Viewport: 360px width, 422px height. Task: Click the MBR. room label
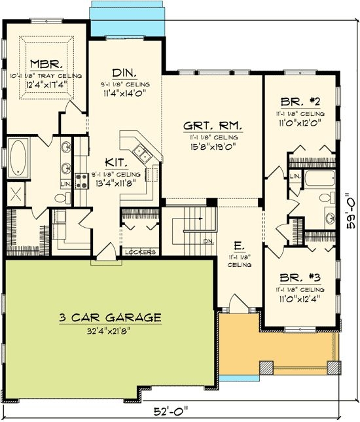point(46,64)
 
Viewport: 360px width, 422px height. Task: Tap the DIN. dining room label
point(124,73)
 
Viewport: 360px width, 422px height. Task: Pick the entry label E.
point(239,247)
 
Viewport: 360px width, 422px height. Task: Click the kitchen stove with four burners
point(83,179)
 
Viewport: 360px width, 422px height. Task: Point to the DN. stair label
point(208,241)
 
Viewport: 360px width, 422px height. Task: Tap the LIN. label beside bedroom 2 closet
point(295,176)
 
